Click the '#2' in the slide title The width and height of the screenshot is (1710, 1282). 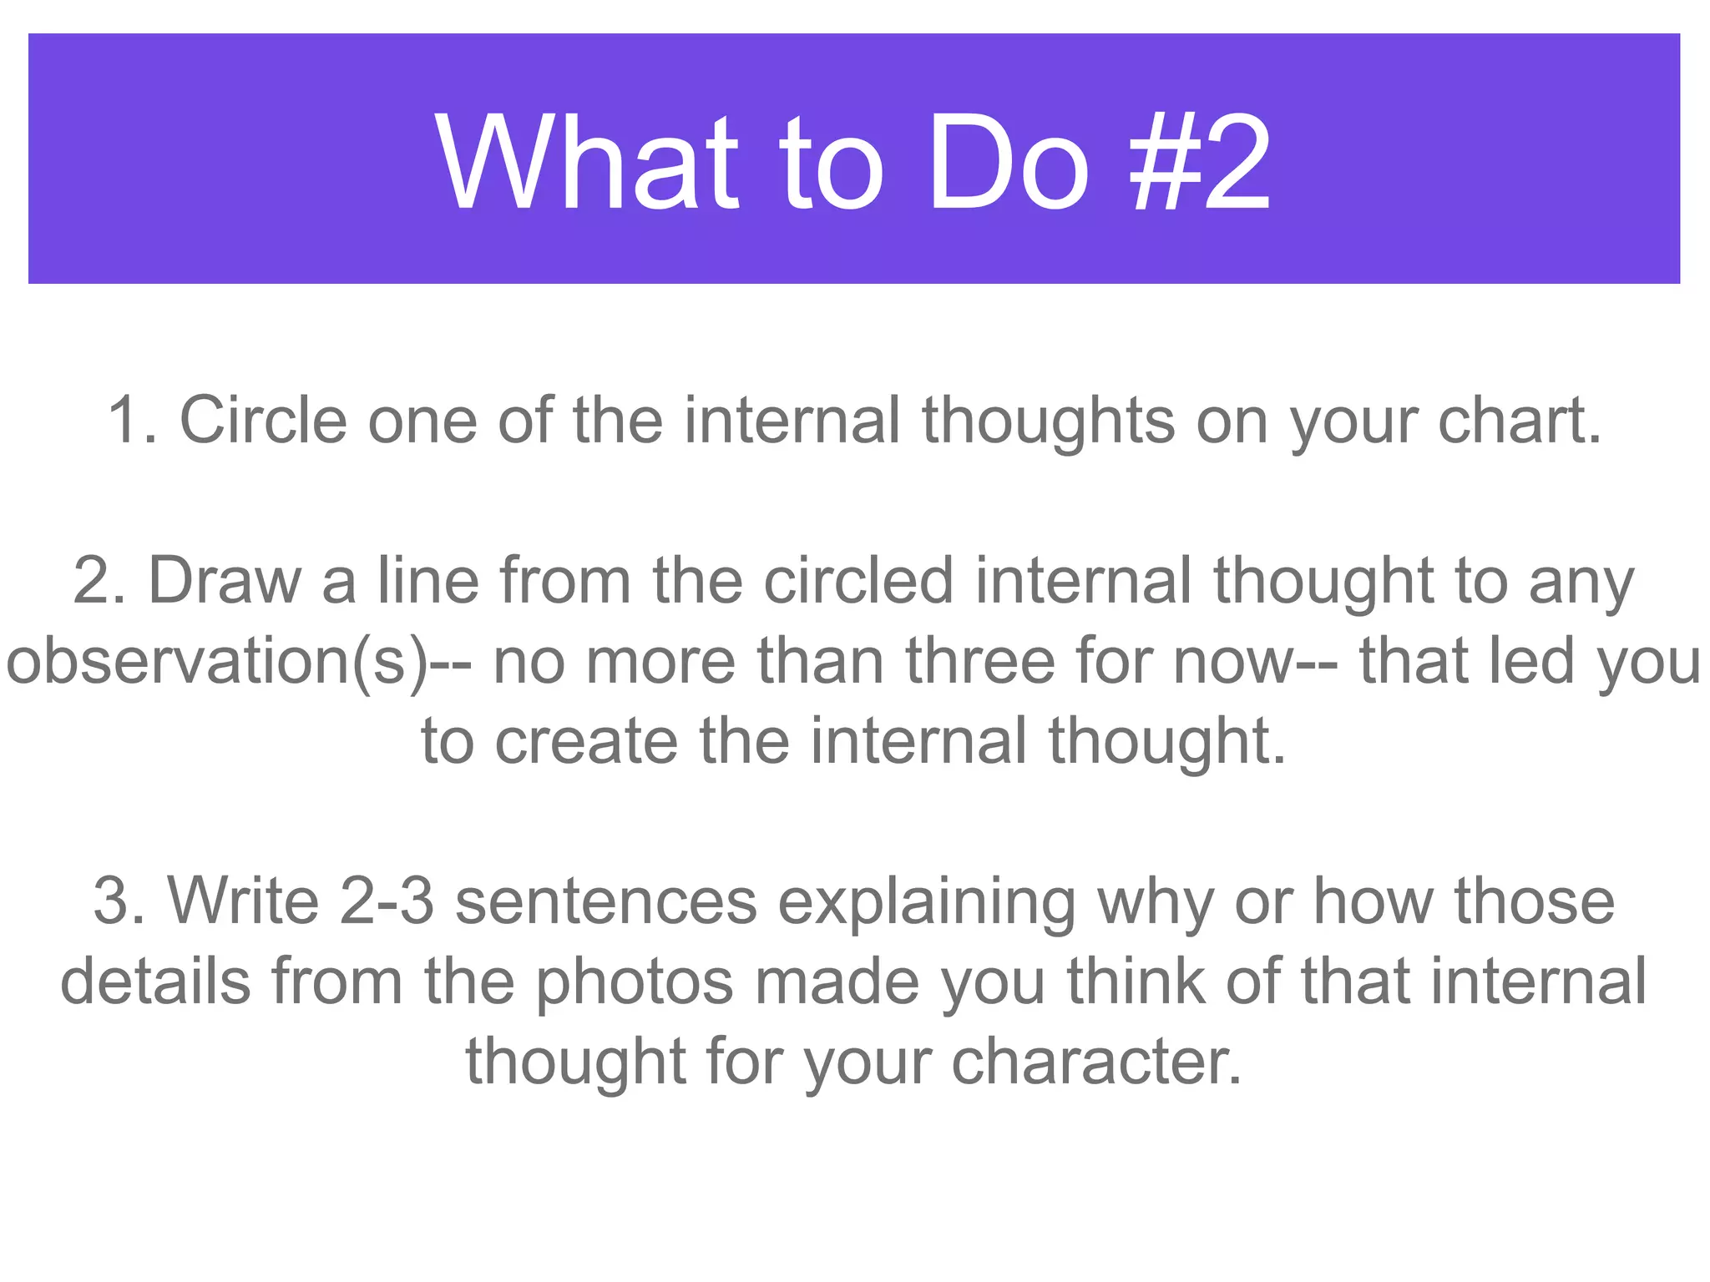pos(1200,163)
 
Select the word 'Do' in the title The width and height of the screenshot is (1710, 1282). pos(1008,163)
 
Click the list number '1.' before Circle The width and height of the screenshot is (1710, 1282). pos(133,420)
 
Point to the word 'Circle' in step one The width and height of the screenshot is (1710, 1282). pos(263,420)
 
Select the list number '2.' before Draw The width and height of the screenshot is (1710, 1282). pos(99,580)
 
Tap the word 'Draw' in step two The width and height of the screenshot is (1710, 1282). pos(224,580)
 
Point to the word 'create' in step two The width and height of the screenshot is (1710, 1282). pos(586,741)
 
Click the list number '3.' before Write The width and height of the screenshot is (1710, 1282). pos(119,901)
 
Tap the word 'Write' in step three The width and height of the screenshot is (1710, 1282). pos(243,901)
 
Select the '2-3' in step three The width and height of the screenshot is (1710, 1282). pos(387,901)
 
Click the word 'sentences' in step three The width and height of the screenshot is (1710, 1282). pos(606,901)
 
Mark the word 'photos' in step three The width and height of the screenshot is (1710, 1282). pos(635,982)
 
